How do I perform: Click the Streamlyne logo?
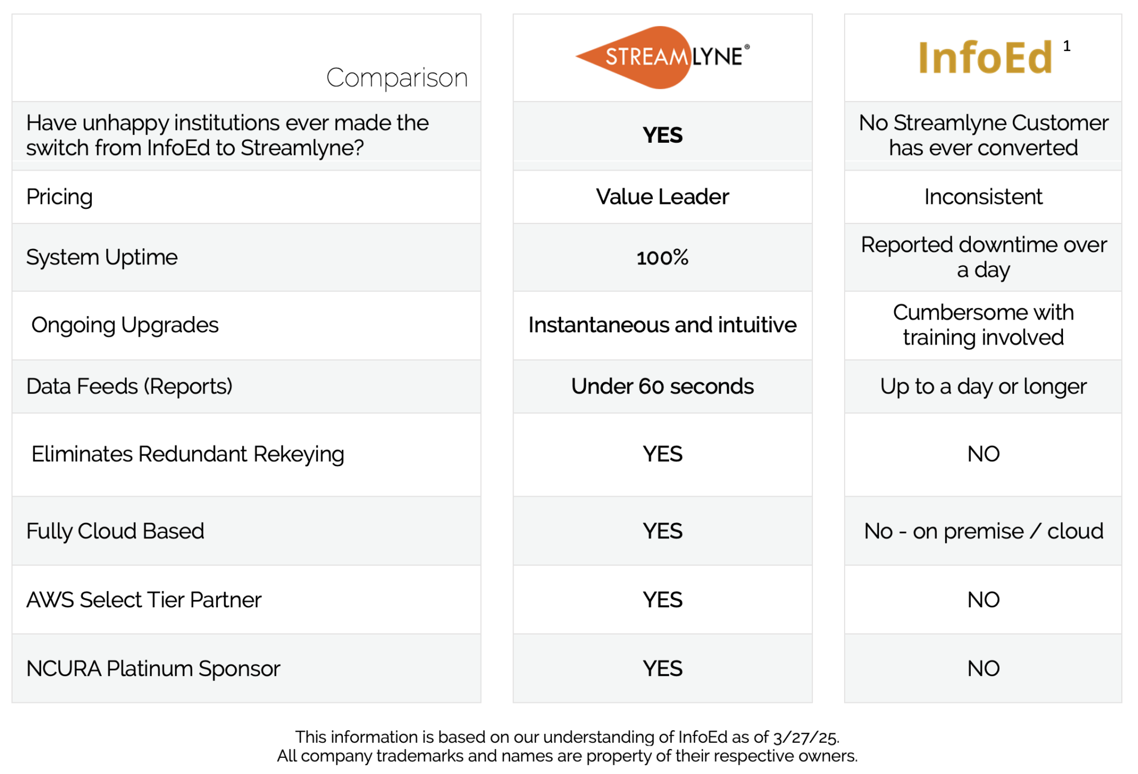(662, 57)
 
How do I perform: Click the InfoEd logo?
(985, 58)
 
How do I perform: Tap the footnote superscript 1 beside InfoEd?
(1066, 46)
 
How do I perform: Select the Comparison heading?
(397, 78)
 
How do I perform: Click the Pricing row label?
(59, 197)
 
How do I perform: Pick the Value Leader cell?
(662, 197)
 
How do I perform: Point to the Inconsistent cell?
(983, 197)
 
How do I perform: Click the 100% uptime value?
(662, 257)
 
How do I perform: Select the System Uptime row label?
(102, 257)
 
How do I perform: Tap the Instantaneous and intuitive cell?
(662, 325)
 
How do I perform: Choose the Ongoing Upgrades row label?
(125, 325)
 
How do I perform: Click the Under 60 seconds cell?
(662, 386)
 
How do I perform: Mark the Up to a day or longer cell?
(983, 386)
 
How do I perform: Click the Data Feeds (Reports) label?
(129, 386)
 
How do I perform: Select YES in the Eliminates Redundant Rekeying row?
(662, 454)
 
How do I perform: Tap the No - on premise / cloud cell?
(983, 531)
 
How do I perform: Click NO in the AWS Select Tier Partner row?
(983, 600)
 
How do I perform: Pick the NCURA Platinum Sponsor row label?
(153, 668)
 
